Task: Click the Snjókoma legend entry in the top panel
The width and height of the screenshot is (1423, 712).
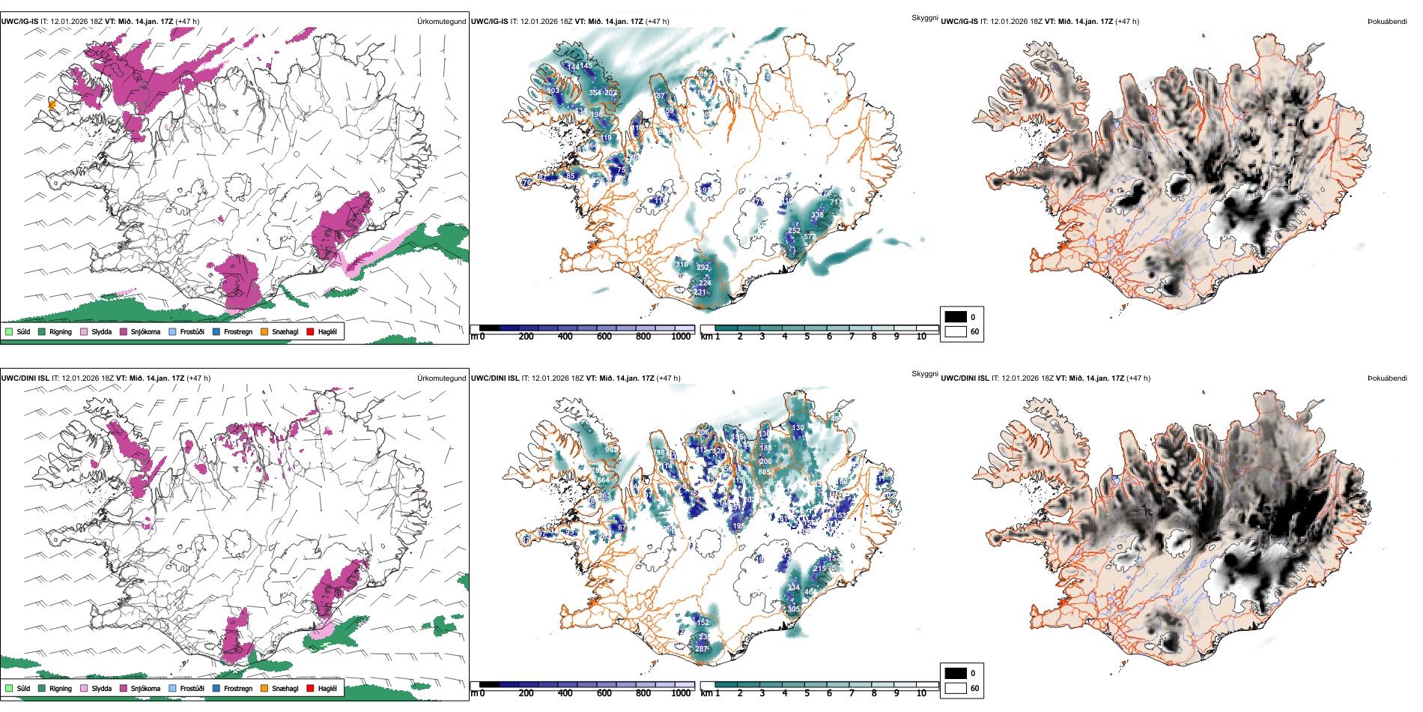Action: (145, 332)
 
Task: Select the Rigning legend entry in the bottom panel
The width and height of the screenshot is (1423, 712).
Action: (60, 689)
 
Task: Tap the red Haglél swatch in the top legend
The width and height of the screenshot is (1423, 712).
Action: (311, 332)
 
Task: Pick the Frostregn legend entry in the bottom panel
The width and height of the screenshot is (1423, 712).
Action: (237, 689)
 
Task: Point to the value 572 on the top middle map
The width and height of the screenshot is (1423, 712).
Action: (810, 237)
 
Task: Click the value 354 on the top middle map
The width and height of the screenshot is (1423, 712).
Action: (595, 93)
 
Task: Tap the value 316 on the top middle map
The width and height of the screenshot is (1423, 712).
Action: (682, 265)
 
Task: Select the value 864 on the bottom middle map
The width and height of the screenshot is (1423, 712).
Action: (603, 481)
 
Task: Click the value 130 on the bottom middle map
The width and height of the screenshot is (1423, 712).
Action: (798, 428)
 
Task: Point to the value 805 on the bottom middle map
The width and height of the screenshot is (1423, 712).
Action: (764, 472)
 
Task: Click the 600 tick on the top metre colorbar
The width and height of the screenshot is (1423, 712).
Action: (604, 337)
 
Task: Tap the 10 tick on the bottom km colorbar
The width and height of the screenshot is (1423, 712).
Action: (921, 693)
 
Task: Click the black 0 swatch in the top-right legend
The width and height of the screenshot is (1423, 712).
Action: (956, 317)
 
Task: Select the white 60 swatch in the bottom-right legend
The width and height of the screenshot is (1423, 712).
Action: (956, 688)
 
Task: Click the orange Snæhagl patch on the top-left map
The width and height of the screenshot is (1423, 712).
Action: (52, 104)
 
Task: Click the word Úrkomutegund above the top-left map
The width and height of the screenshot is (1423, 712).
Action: (441, 22)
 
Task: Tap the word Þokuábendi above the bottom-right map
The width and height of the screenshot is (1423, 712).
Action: (1387, 378)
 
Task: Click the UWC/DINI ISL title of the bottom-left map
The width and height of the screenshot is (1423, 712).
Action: (25, 378)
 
